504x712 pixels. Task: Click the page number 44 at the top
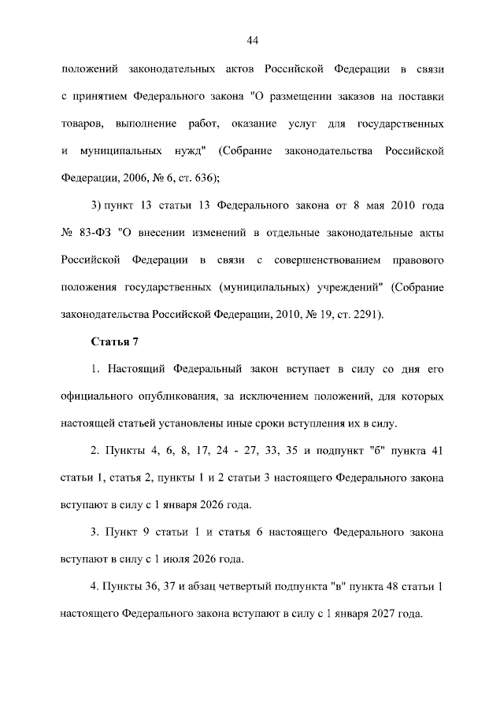(252, 41)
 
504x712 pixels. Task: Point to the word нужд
(187, 150)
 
